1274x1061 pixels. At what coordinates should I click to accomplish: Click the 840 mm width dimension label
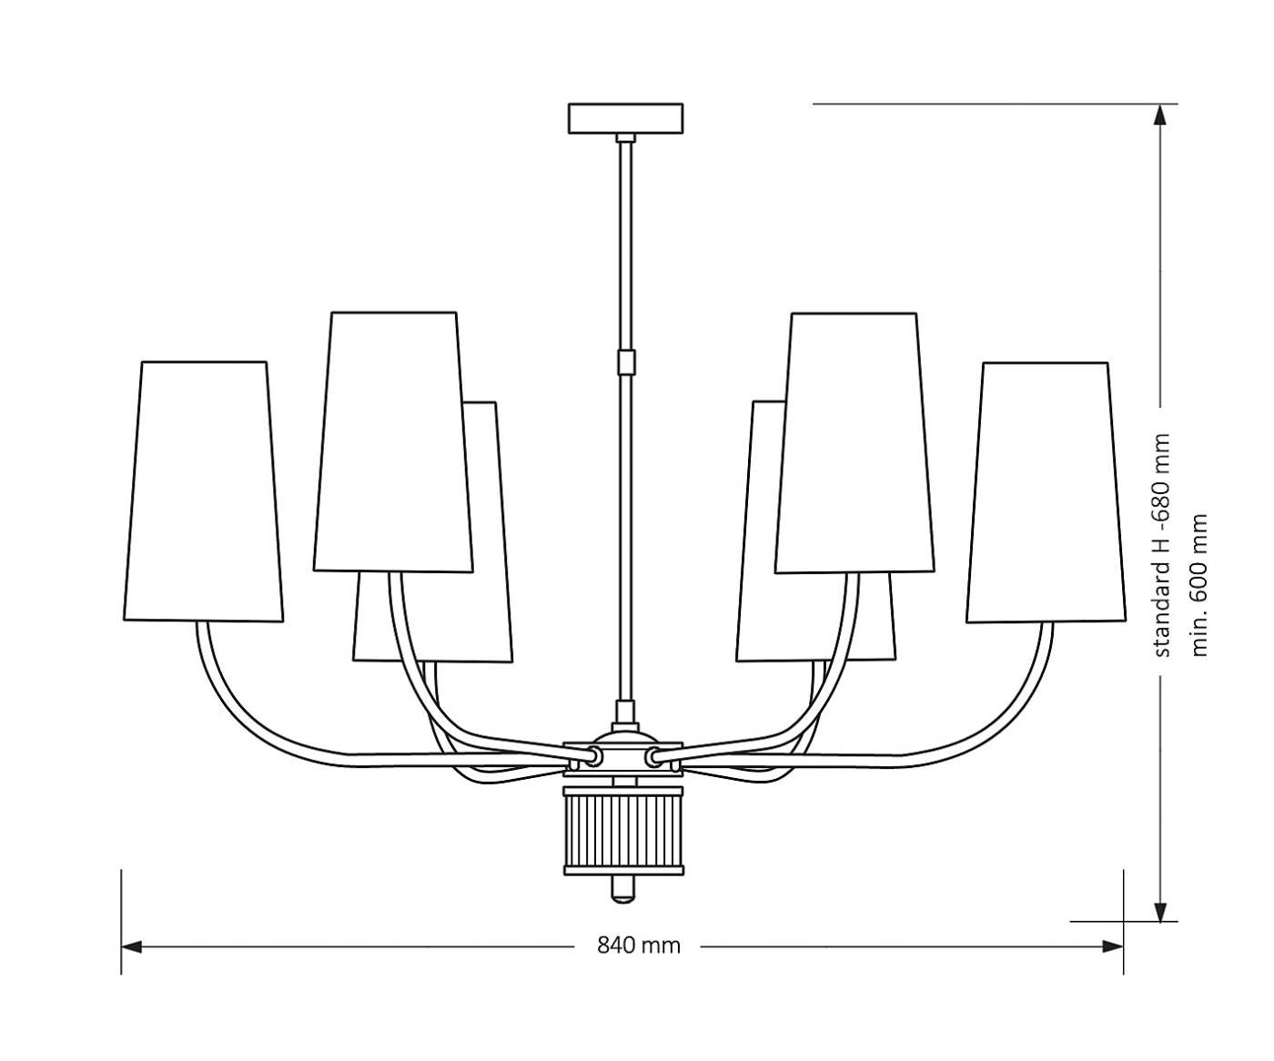coord(639,945)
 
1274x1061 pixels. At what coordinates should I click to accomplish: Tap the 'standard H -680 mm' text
coord(1160,545)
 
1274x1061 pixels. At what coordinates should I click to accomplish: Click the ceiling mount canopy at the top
coord(625,118)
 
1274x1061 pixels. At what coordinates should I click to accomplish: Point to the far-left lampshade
coord(203,491)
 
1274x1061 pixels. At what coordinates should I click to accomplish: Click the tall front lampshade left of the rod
coord(393,442)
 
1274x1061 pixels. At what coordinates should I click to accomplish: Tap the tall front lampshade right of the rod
coord(855,442)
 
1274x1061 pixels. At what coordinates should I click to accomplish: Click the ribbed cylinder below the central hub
coord(624,829)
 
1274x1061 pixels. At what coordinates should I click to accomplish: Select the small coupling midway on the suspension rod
coord(625,362)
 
